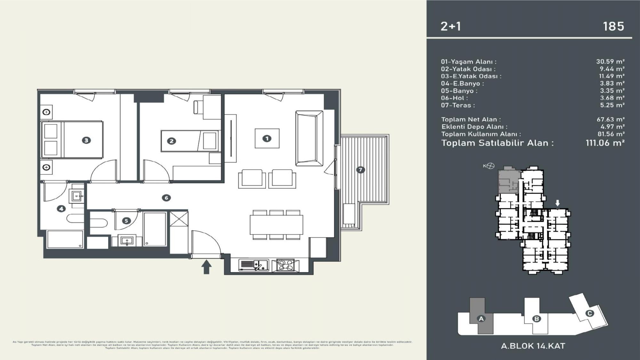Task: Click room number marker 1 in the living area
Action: (267, 138)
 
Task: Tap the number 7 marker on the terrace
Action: (361, 170)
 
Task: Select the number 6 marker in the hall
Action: (166, 198)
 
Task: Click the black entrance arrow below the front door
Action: (206, 267)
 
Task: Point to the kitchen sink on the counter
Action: (254, 265)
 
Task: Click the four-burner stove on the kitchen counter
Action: (285, 265)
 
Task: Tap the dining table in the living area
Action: (276, 225)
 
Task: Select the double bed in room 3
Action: (72, 140)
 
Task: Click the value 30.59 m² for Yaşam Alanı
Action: (610, 61)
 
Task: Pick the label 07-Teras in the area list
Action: (458, 105)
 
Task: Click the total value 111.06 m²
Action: (605, 143)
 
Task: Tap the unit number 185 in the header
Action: (613, 26)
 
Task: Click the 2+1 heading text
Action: (451, 26)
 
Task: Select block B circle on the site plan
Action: (537, 319)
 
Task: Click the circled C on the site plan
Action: (589, 313)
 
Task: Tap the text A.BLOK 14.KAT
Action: (533, 346)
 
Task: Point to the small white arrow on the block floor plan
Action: (557, 203)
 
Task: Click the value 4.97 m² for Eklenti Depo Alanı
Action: (612, 127)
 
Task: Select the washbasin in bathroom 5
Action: (127, 241)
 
